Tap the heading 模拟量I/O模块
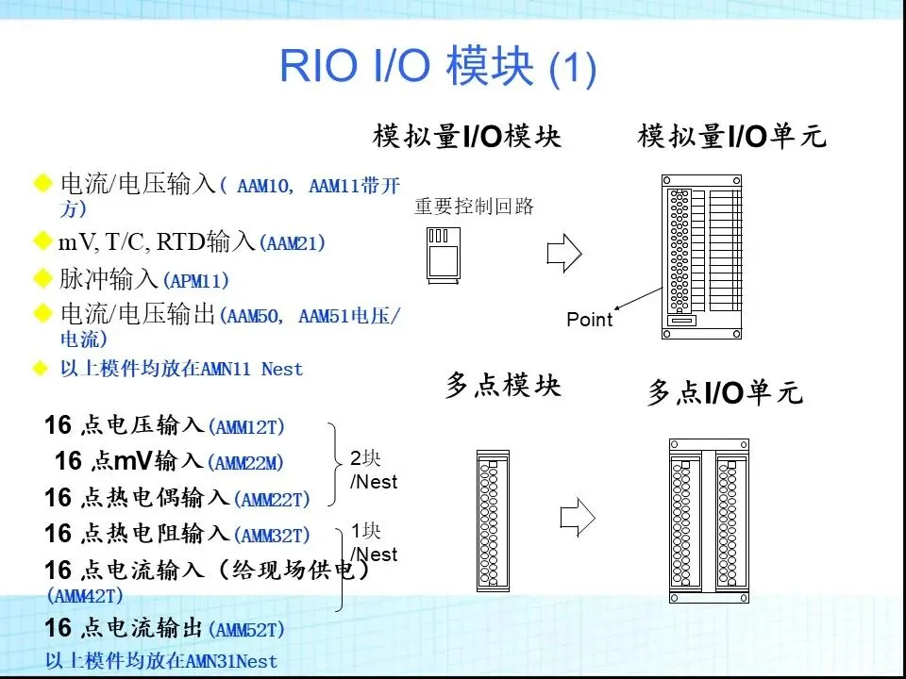pyautogui.click(x=466, y=138)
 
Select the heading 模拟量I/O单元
pyautogui.click(x=731, y=138)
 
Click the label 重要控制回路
pyautogui.click(x=474, y=206)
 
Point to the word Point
pyautogui.click(x=589, y=320)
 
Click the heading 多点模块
pyautogui.click(x=502, y=387)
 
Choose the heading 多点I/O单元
pyautogui.click(x=725, y=392)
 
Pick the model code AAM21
pyautogui.click(x=295, y=243)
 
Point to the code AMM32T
pyautogui.click(x=274, y=536)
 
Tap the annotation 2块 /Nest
pyautogui.click(x=373, y=471)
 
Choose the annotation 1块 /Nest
pyautogui.click(x=374, y=542)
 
